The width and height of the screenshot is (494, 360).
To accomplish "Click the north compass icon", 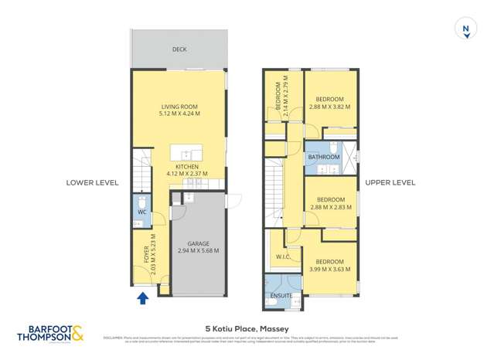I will pyautogui.click(x=465, y=29).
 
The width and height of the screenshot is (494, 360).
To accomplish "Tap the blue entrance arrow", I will pyautogui.click(x=142, y=297).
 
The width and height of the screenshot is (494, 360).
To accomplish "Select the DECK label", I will pyautogui.click(x=179, y=49).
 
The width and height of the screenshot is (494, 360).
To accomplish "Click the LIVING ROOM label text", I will pyautogui.click(x=179, y=107).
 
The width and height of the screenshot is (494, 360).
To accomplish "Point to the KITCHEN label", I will pyautogui.click(x=187, y=167).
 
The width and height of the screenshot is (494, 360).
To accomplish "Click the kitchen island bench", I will pyautogui.click(x=186, y=151).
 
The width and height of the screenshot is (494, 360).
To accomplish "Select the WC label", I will pyautogui.click(x=141, y=212).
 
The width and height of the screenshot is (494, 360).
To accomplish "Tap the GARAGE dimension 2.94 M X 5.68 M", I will pyautogui.click(x=198, y=251).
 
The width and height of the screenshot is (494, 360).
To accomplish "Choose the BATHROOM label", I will pyautogui.click(x=323, y=157).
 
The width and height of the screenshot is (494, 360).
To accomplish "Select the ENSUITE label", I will pyautogui.click(x=281, y=296).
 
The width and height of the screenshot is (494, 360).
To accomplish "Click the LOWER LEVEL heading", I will pyautogui.click(x=92, y=183).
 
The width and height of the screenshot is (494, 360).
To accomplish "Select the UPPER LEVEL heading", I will pyautogui.click(x=390, y=183).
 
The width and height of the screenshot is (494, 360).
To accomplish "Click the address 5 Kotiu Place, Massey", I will pyautogui.click(x=247, y=327).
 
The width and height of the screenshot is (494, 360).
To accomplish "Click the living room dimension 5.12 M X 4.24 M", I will pyautogui.click(x=179, y=114).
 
